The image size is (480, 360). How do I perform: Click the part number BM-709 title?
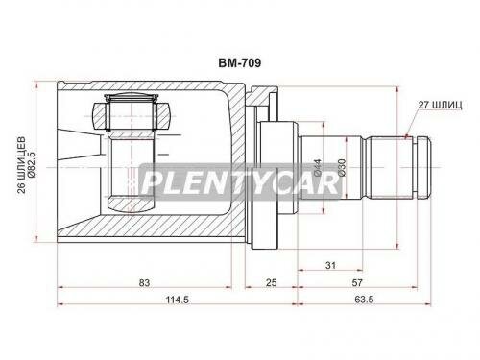tap(239, 63)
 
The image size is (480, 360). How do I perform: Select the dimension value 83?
tap(144, 283)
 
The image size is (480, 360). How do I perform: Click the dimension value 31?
tap(330, 265)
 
